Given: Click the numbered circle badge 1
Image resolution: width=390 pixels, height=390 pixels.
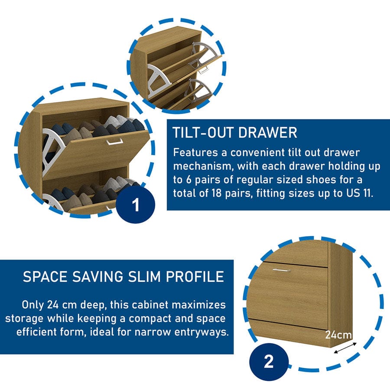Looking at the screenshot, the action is tap(136, 205).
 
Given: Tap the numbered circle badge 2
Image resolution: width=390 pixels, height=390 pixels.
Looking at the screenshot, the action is tap(269, 362).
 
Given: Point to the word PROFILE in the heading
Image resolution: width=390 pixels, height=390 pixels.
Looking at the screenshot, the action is tap(195, 276).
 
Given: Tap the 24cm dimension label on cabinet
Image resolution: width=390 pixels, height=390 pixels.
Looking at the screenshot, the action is tap(338, 335).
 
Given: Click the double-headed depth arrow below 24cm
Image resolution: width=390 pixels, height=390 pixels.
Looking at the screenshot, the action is tap(345, 348).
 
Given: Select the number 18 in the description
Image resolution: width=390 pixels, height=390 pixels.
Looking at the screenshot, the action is tap(217, 193).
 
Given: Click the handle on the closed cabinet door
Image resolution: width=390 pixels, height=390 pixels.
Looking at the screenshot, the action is tap(281, 270).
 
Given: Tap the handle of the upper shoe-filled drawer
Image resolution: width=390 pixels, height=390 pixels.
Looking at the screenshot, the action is tap(115, 142).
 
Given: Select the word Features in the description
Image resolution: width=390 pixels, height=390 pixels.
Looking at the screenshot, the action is tap(195, 152).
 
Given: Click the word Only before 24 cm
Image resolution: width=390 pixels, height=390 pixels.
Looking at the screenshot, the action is tap(32, 305).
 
